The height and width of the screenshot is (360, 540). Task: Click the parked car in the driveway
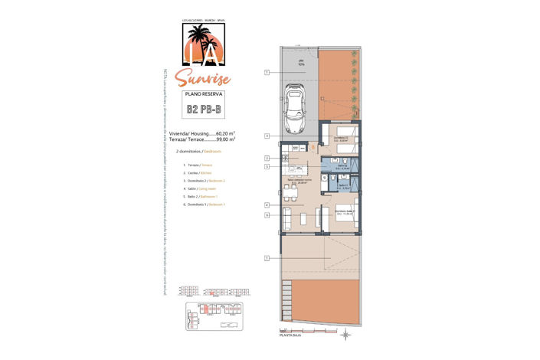[x=295, y=109]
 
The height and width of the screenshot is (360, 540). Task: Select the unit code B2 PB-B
[x=205, y=110]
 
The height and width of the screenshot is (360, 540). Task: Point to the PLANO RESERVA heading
[x=204, y=93]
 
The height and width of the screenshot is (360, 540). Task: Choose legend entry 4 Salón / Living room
[x=195, y=188]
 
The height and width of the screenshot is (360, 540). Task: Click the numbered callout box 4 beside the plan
[x=267, y=205]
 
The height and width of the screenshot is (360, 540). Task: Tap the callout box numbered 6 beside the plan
[x=267, y=215]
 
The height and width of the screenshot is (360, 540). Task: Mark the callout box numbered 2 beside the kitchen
[x=267, y=158]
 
